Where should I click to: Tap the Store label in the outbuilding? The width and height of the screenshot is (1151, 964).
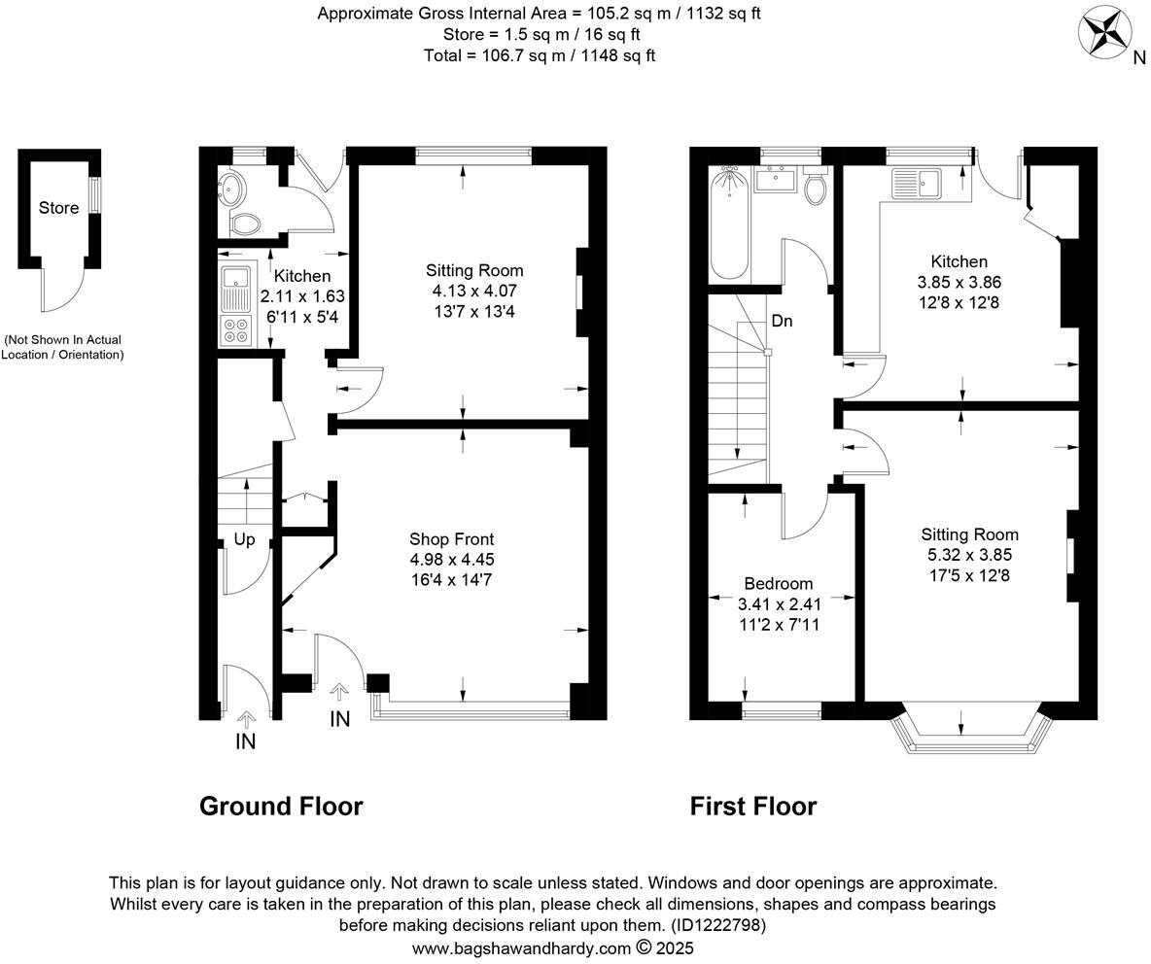pos(58,207)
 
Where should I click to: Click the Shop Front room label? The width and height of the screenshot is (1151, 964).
pos(451,539)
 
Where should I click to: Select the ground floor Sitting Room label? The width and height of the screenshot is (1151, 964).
pos(474,270)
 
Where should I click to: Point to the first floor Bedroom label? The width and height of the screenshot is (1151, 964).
pos(778,583)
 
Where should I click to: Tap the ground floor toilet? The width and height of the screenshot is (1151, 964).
pos(244,224)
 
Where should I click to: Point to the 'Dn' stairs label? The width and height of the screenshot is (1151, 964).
pos(782,321)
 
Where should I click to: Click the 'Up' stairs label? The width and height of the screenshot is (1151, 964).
pos(244,539)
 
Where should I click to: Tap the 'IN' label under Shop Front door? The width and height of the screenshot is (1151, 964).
pos(339,719)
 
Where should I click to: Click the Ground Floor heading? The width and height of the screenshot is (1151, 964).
pos(281,806)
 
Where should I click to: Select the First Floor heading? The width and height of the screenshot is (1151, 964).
pos(753,806)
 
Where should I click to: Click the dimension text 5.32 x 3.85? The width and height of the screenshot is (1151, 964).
pos(969,555)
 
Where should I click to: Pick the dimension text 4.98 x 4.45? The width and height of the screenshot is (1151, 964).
pos(451,560)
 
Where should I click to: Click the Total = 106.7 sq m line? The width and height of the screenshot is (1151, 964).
pos(540,55)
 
